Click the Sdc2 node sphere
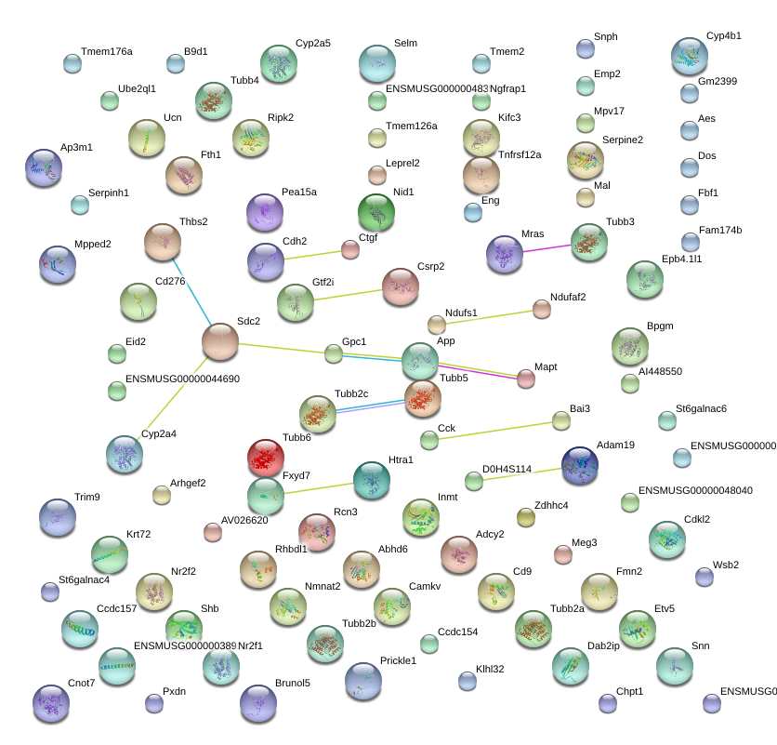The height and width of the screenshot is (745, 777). click(220, 341)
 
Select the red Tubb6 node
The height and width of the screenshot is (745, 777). click(266, 458)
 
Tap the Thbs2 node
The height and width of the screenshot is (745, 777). click(163, 242)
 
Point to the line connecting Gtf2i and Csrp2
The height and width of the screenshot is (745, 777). click(348, 293)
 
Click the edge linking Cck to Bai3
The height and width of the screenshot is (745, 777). click(494, 430)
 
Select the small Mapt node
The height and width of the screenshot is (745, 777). click(526, 378)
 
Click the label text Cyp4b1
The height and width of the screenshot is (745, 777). click(724, 36)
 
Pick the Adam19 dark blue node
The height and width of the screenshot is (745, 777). click(580, 463)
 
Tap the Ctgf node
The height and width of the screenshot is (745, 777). click(349, 249)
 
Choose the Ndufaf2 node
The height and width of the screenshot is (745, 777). click(542, 309)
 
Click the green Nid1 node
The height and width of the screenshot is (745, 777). click(376, 212)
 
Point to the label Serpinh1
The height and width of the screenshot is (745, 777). click(109, 193)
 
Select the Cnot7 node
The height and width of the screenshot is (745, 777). click(51, 702)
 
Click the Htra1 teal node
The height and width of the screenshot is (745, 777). click(372, 479)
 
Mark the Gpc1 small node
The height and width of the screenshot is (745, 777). click(334, 353)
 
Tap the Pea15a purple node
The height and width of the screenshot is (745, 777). click(265, 212)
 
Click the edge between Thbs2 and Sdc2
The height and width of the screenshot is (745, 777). click(191, 291)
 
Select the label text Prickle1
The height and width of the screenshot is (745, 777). click(398, 661)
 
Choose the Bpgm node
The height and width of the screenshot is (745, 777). click(630, 346)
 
